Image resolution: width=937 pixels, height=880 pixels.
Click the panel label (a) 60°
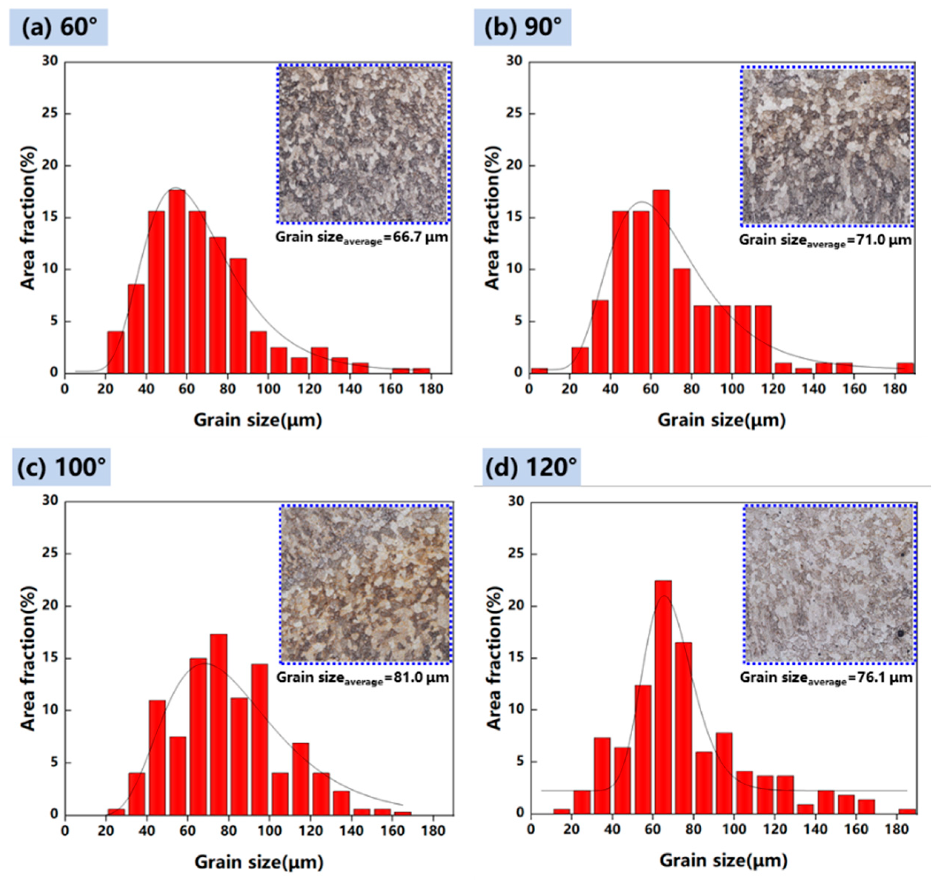point(59,27)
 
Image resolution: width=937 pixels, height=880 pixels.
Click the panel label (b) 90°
point(523,27)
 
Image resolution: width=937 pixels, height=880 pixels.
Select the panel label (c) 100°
point(61,467)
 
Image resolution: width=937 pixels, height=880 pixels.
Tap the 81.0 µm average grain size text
point(362,678)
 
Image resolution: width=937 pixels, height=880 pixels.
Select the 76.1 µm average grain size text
point(826,678)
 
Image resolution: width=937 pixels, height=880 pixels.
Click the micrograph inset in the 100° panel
point(366,584)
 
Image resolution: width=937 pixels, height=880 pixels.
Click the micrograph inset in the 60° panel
point(363,144)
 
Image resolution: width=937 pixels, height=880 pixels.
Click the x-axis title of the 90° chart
point(721,420)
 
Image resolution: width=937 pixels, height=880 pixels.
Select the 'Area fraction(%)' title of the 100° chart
point(28,658)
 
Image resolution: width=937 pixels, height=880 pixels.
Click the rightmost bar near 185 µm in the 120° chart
point(907,811)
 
